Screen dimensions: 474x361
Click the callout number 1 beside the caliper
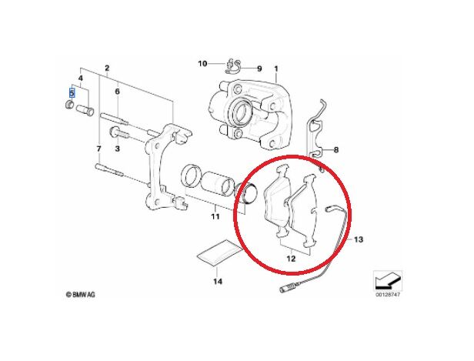coord(275,69)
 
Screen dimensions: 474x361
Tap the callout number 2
coord(107,68)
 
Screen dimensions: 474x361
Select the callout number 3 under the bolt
coord(117,149)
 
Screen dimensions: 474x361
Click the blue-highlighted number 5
coord(72,93)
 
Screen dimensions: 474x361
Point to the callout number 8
coord(336,149)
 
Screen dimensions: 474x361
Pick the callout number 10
coord(202,63)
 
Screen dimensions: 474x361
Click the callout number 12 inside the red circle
coord(291,259)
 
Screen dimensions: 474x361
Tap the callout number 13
coord(359,239)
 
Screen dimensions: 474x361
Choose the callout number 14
coord(218,282)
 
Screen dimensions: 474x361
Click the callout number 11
coord(215,216)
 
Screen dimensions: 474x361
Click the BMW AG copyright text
coord(80,294)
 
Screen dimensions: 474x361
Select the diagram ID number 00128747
coord(388,295)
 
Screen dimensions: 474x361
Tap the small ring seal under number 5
coord(70,105)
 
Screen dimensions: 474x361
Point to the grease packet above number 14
coord(219,252)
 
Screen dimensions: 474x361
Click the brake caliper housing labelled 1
coord(251,113)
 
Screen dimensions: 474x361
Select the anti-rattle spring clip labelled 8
coord(316,130)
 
